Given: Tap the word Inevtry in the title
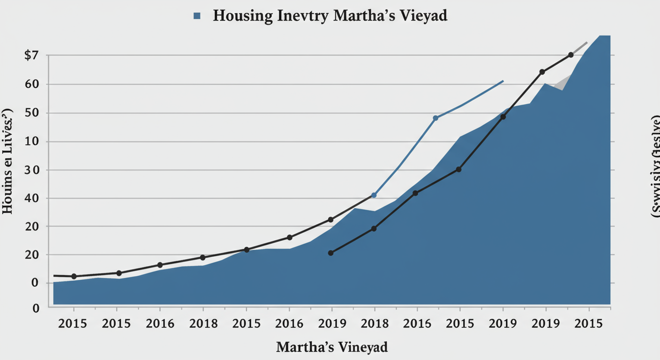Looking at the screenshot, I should pos(307,15).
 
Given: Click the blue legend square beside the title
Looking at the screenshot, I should pos(197,16).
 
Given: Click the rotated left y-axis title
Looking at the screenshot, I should pos(8,162).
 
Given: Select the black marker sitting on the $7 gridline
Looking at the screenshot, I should pos(570,55).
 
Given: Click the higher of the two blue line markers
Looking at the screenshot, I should pos(435,118).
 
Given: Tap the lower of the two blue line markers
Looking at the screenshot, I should pos(374,195).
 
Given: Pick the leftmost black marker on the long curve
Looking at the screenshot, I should pos(74,277).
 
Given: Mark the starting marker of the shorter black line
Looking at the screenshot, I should pos(331,253).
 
